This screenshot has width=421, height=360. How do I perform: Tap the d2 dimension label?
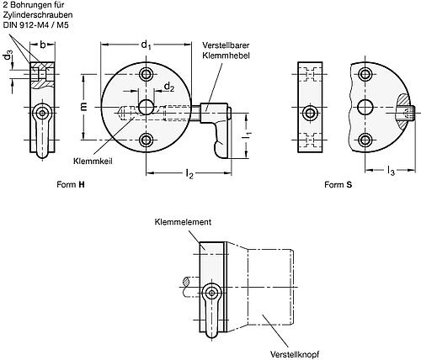point(169,86)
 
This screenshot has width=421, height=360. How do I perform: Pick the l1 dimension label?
point(250,135)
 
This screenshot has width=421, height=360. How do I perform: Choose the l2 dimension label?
point(190,175)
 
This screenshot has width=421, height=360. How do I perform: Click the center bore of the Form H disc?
point(147,107)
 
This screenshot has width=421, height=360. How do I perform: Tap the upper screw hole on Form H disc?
point(147,75)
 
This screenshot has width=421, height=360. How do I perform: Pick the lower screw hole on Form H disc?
point(147,139)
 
